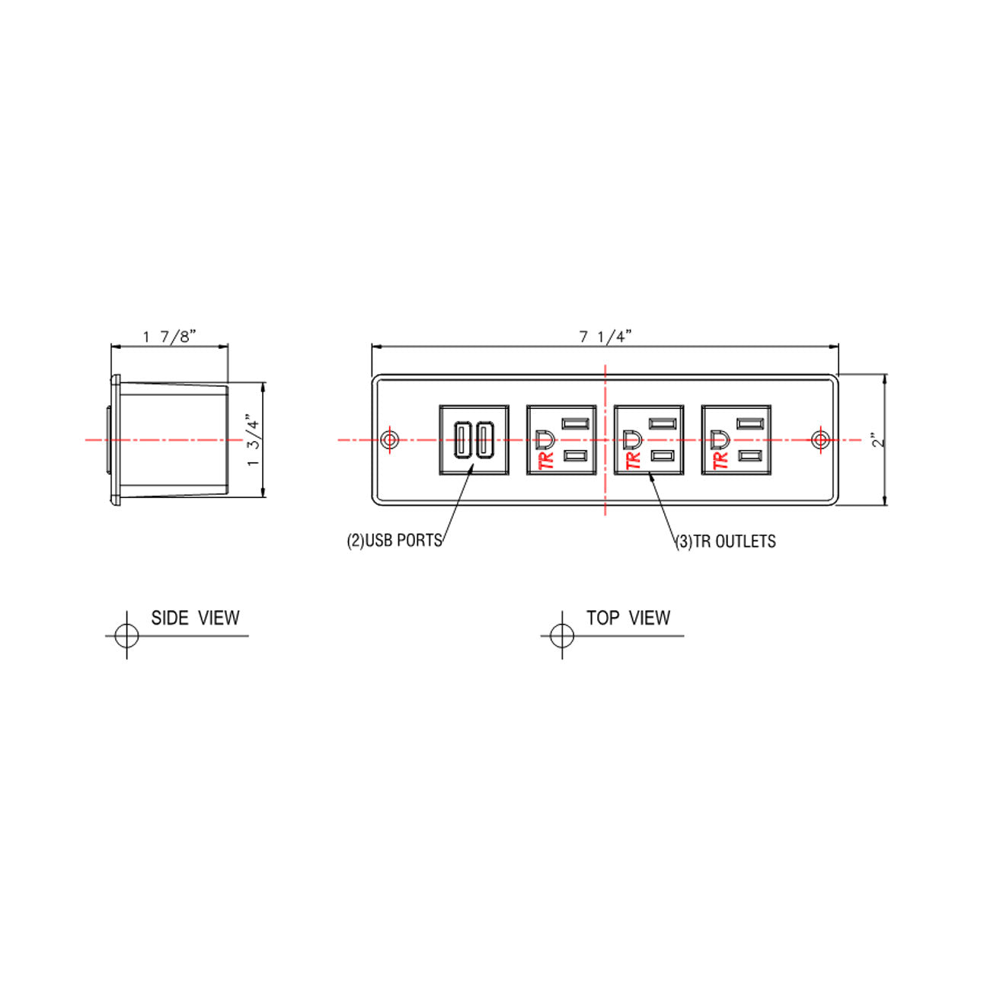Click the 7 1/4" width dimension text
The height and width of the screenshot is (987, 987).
tap(605, 337)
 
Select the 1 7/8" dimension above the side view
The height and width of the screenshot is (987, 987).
tap(170, 337)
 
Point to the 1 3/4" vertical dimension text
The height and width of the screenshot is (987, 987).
tap(254, 439)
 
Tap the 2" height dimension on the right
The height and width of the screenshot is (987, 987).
tap(878, 440)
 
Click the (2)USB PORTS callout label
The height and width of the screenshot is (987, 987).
tap(394, 541)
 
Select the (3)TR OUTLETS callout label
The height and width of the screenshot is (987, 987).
tap(726, 541)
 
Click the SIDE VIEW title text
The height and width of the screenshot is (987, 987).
tap(195, 618)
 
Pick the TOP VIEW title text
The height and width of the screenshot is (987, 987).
tap(628, 618)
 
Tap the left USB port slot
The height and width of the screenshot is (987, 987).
tap(462, 440)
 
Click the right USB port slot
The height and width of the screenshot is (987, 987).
tap(484, 440)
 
